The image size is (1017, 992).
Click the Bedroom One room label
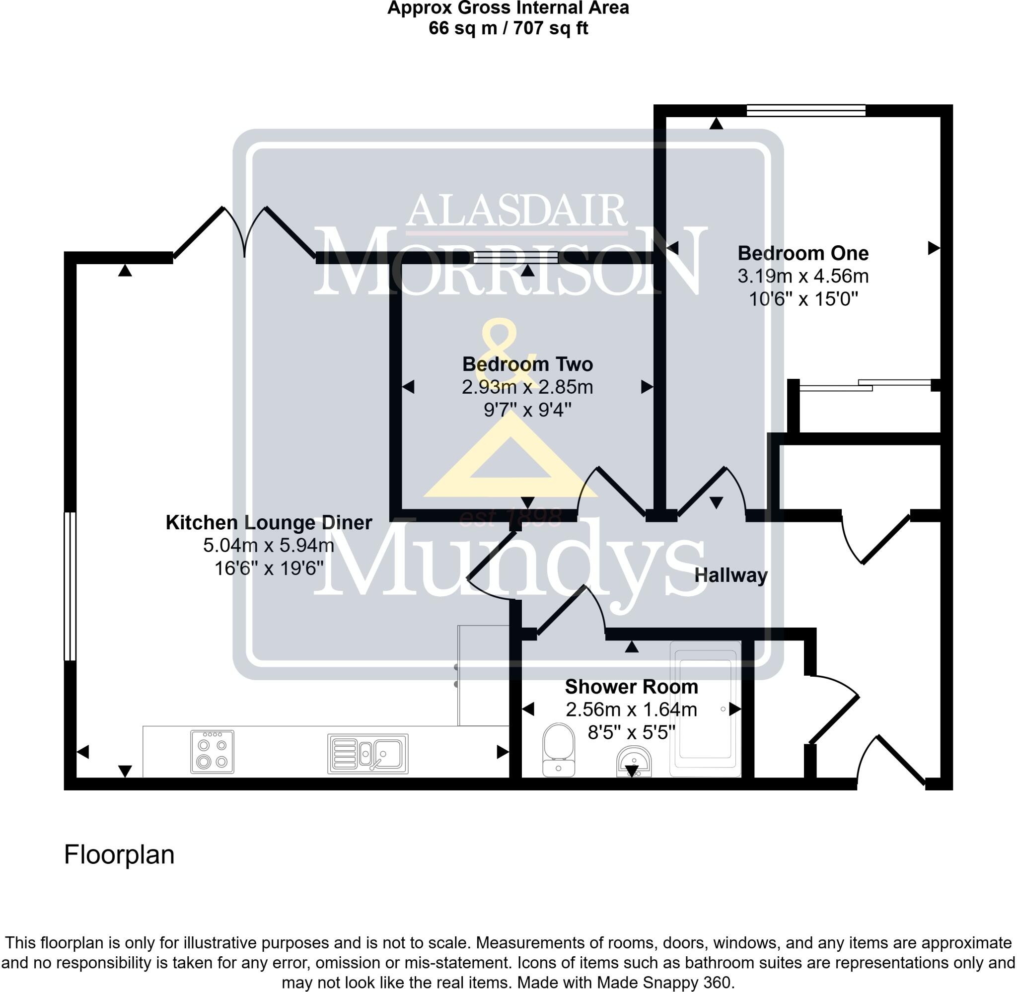click(803, 254)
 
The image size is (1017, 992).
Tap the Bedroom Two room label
click(527, 364)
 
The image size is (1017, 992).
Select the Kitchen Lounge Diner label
click(269, 523)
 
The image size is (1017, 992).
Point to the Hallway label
click(730, 576)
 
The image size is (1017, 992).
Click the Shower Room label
click(632, 687)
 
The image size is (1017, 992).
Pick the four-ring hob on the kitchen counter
click(212, 752)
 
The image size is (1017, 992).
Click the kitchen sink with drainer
click(368, 753)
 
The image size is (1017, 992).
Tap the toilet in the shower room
click(559, 749)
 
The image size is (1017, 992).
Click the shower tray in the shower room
click(705, 709)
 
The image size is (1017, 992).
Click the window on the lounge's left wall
click(70, 587)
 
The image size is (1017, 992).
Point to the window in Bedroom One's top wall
click(805, 110)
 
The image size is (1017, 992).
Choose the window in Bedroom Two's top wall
click(516, 257)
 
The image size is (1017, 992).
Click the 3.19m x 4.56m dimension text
click(803, 276)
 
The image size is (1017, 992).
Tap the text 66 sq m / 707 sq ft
click(508, 28)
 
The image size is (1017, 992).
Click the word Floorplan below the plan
click(119, 855)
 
